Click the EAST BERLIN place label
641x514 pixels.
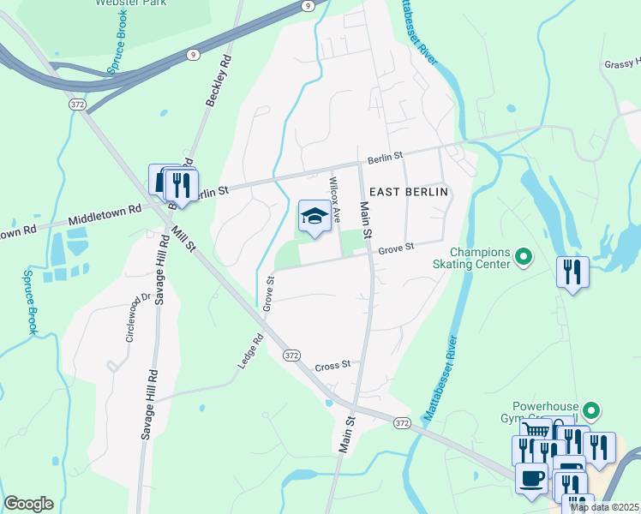click(x=409, y=191)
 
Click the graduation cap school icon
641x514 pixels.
click(x=314, y=218)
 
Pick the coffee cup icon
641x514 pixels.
click(x=531, y=478)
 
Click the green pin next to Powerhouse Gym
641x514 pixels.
click(x=591, y=410)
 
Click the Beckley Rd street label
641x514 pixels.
click(x=218, y=81)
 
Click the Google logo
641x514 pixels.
click(x=28, y=504)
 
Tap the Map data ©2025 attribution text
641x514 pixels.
click(x=605, y=507)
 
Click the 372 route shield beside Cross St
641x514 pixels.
click(x=291, y=355)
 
